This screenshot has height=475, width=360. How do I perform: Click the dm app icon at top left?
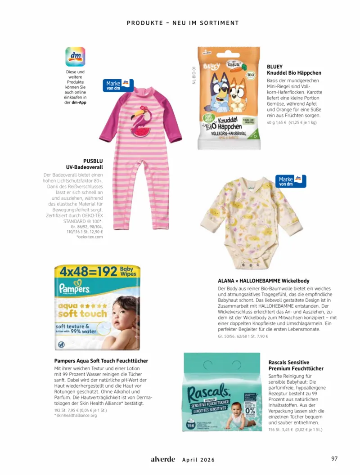point(75,57)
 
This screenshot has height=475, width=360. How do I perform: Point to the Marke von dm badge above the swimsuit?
point(118,85)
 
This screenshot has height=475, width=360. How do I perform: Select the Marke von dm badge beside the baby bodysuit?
point(292,181)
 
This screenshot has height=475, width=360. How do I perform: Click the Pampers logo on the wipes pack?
point(72,288)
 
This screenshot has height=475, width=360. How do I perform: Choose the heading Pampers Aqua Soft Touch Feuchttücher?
point(101,361)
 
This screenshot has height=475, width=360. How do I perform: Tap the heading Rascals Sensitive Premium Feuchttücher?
point(296,365)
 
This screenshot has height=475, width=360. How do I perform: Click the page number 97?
point(334,459)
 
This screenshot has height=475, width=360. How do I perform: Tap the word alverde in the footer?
point(162,459)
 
